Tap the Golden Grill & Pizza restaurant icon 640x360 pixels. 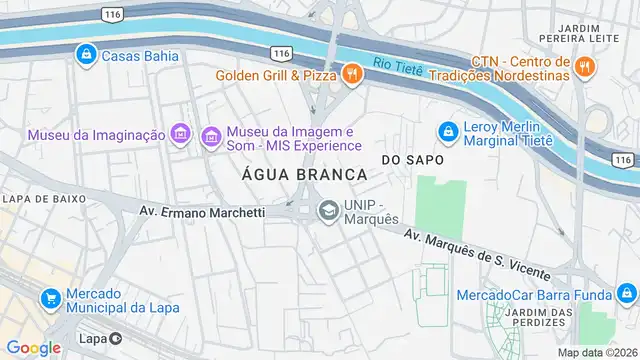[x=351, y=73]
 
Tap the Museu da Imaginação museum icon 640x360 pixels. [x=181, y=134]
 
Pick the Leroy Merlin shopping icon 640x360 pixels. [x=447, y=130]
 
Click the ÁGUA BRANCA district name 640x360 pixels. [x=303, y=174]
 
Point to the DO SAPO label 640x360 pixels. [x=411, y=160]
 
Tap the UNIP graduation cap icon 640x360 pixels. [x=327, y=211]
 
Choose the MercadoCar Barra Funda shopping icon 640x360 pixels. [x=625, y=294]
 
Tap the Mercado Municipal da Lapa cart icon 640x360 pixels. [x=49, y=298]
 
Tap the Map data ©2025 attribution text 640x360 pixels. [x=597, y=352]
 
